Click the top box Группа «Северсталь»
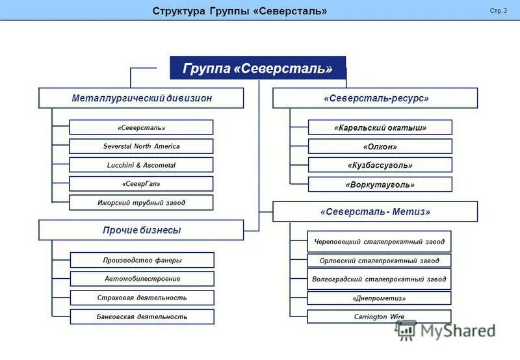(257, 68)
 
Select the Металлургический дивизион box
(141, 98)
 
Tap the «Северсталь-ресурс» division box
(375, 98)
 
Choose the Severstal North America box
(141, 146)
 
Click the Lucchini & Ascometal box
(141, 165)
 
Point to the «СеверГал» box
(141, 184)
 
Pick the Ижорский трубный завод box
(141, 203)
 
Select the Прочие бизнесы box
(141, 230)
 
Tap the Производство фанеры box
(142, 260)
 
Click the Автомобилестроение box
(142, 279)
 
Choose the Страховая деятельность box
(142, 298)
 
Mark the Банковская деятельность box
(142, 316)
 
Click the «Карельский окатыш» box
(380, 127)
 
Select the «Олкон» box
(380, 146)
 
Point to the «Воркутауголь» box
(380, 185)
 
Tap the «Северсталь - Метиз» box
(375, 212)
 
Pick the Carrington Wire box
(379, 316)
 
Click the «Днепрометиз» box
(379, 298)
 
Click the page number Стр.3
(498, 11)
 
